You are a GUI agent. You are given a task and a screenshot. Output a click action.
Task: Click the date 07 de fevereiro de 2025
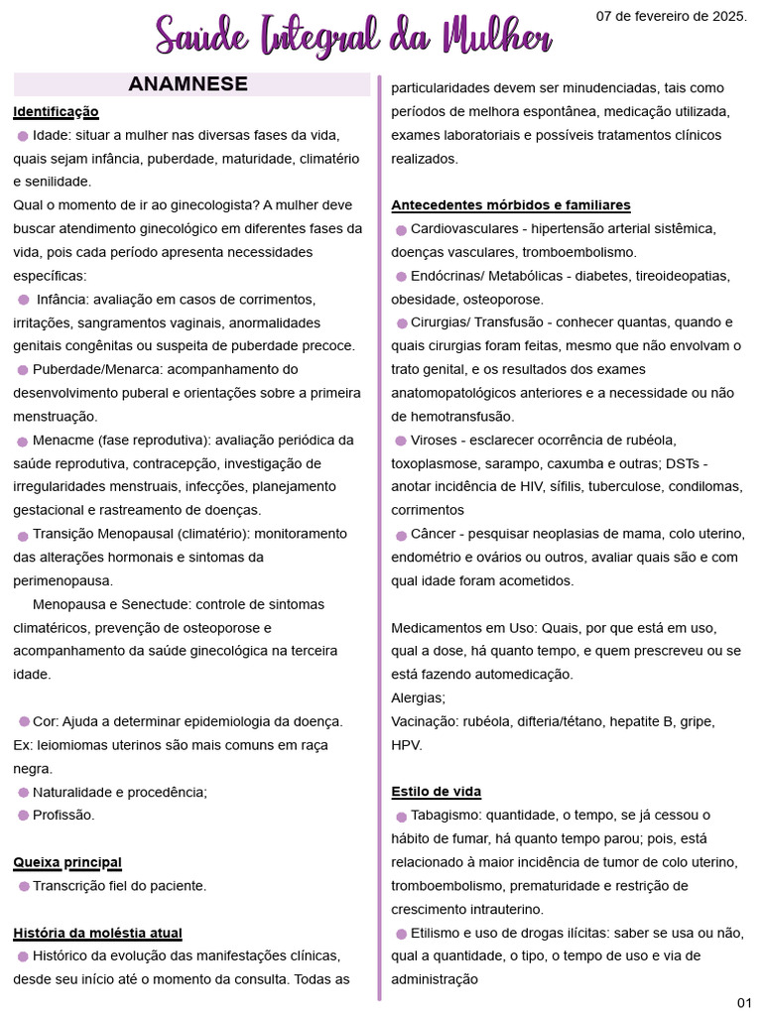tap(671, 16)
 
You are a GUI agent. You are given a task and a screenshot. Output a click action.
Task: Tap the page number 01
tap(744, 1000)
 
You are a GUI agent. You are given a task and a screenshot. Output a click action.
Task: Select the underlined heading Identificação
tap(56, 111)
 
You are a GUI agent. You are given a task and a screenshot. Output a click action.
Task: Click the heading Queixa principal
tap(67, 862)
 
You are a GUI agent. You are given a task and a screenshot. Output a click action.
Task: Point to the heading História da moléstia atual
tap(97, 933)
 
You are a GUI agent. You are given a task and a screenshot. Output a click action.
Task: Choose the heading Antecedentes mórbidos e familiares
tap(511, 205)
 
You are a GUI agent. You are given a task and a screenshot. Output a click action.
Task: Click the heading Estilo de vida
tap(436, 792)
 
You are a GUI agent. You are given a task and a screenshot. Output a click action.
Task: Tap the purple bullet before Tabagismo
tap(401, 817)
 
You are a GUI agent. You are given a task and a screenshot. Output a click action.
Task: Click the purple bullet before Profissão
tap(23, 816)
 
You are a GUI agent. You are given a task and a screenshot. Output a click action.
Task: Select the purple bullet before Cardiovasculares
tap(401, 230)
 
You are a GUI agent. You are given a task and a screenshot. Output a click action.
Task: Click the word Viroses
tap(434, 440)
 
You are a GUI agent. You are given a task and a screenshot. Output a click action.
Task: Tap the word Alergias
tap(418, 698)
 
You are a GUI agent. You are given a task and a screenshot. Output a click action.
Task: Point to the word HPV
tap(407, 744)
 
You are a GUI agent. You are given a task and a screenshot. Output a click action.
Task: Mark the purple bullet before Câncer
tap(401, 535)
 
